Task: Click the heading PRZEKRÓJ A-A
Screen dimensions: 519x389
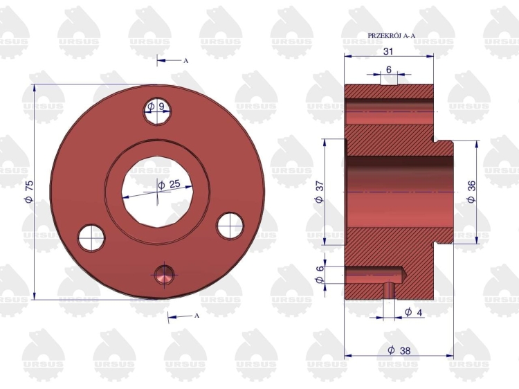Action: pyautogui.click(x=391, y=36)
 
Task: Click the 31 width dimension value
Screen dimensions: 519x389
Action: pyautogui.click(x=388, y=51)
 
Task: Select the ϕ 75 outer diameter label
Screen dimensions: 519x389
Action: pyautogui.click(x=30, y=191)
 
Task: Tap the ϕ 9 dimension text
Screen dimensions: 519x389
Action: pyautogui.click(x=156, y=107)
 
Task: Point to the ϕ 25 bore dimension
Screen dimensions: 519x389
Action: pyautogui.click(x=169, y=184)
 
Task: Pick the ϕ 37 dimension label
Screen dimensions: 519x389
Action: pyautogui.click(x=320, y=192)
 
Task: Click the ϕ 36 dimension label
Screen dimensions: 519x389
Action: pyautogui.click(x=471, y=192)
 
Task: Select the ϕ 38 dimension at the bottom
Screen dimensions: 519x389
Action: pyautogui.click(x=399, y=350)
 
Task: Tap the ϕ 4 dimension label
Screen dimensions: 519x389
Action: pyautogui.click(x=413, y=312)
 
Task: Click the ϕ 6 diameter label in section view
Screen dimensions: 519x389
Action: pyautogui.click(x=320, y=275)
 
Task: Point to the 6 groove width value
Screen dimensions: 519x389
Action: pyautogui.click(x=389, y=69)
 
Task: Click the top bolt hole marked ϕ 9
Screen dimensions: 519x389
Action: pyautogui.click(x=157, y=111)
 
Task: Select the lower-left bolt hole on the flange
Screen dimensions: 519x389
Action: pyautogui.click(x=91, y=238)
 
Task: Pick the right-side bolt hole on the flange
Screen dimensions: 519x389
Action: pyautogui.click(x=230, y=226)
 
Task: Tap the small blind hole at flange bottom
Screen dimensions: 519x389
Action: pyautogui.click(x=164, y=275)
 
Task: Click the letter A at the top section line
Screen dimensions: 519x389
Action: pyautogui.click(x=185, y=61)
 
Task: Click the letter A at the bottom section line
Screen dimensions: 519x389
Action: pyautogui.click(x=197, y=316)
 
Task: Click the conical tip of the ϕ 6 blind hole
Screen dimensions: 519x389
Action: pyautogui.click(x=405, y=275)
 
